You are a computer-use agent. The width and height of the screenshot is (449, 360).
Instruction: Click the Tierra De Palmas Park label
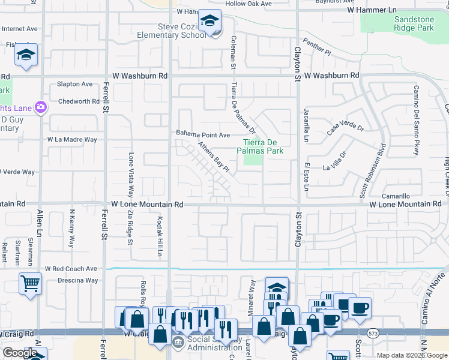(262, 146)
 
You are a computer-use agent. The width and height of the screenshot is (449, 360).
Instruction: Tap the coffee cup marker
(360, 308)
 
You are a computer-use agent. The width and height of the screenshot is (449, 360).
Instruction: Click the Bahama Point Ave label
(203, 134)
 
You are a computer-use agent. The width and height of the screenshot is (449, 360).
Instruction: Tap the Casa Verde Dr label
(345, 127)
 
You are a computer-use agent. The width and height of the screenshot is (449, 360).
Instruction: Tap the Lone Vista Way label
(130, 175)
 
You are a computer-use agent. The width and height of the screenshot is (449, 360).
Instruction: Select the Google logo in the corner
(20, 353)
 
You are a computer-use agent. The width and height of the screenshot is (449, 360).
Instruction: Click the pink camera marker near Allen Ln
(41, 107)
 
